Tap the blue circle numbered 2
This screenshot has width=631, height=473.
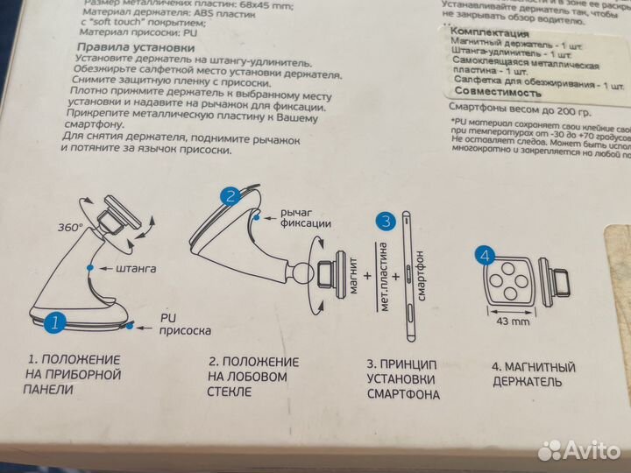[230, 196]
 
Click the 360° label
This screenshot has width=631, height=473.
[70, 228]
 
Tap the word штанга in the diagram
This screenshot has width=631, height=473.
[136, 269]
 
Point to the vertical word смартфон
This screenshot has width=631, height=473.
[422, 276]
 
